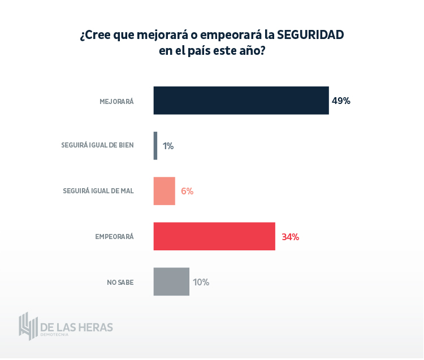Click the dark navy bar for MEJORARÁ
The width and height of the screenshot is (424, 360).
tap(241, 101)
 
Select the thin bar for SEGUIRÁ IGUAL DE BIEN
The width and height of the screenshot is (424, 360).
tap(155, 146)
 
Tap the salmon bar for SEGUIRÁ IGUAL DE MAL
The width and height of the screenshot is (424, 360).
tap(164, 191)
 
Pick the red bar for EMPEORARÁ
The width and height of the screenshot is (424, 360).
tap(214, 236)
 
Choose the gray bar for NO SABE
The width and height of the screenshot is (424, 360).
tap(171, 281)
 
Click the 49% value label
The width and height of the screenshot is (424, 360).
tap(341, 101)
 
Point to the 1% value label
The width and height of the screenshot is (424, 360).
tap(168, 146)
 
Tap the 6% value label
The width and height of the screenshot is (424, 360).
tap(187, 191)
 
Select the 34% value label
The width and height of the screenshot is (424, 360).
tap(290, 237)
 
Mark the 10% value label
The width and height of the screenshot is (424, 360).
tap(201, 282)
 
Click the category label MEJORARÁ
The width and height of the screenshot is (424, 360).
tap(116, 102)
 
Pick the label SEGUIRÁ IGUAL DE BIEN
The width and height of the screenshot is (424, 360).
tap(97, 145)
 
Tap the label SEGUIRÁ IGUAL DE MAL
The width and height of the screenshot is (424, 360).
tap(98, 191)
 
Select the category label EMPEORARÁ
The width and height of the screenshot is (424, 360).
tap(114, 237)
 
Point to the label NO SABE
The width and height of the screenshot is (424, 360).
tap(120, 282)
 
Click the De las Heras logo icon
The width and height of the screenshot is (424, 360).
tap(28, 326)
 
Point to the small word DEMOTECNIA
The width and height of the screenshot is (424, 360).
tap(54, 335)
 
